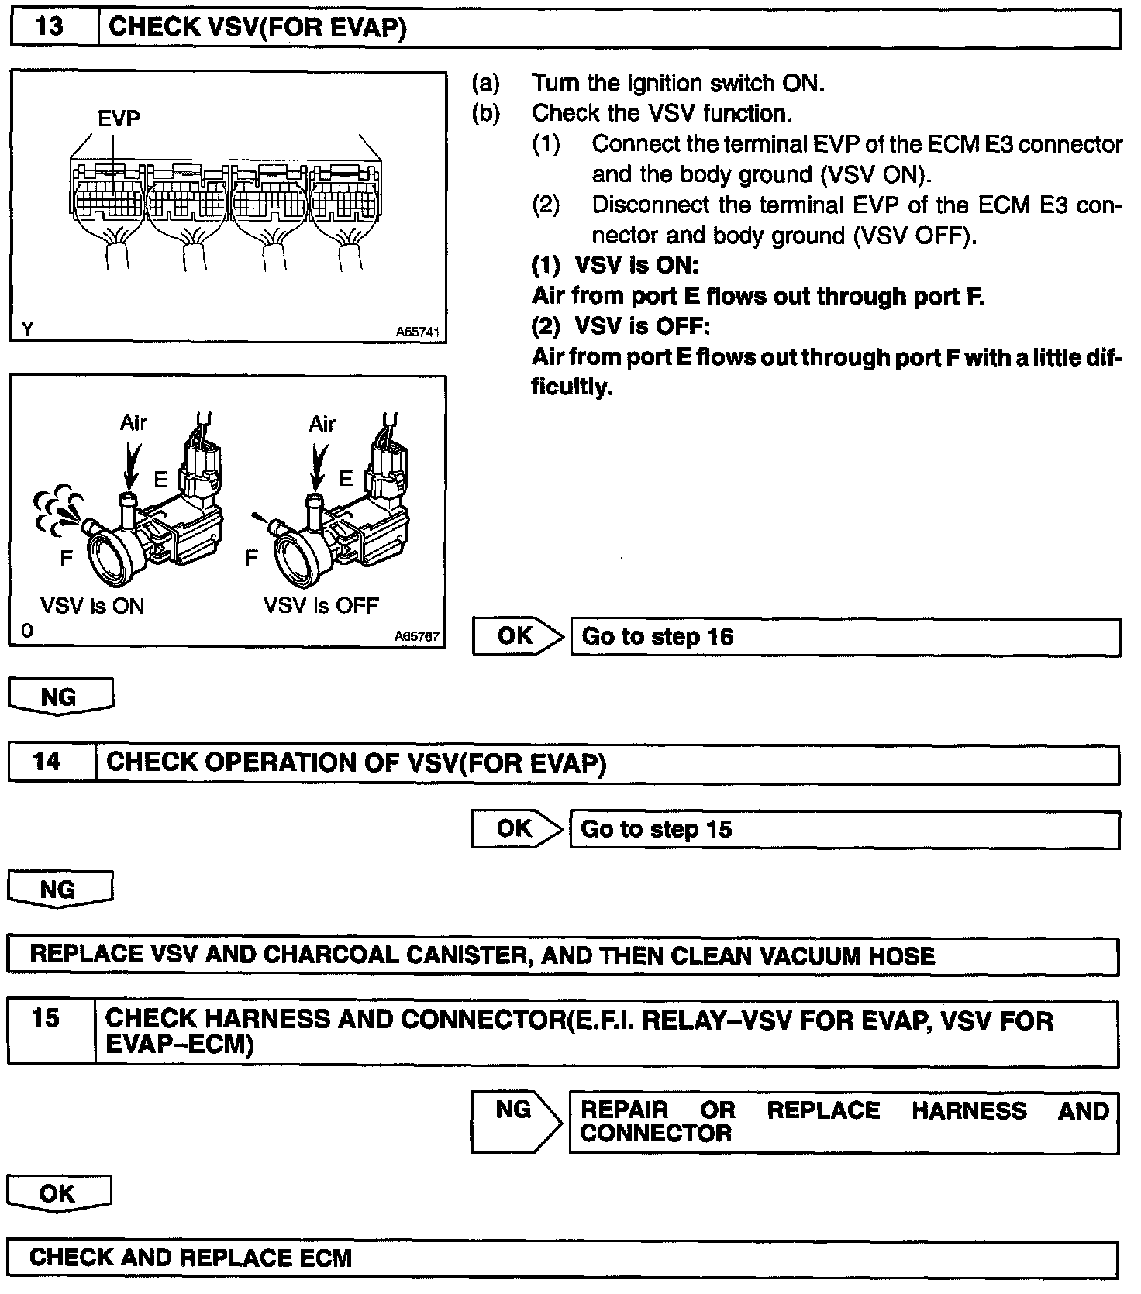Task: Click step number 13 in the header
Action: point(50,27)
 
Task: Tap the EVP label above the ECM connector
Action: point(119,119)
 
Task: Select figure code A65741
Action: point(417,332)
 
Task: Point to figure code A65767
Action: point(417,636)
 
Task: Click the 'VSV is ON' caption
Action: point(92,605)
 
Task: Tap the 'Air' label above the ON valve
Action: point(133,422)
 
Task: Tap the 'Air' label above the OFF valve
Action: point(322,423)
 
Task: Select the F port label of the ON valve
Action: point(66,558)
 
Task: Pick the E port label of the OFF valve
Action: point(346,478)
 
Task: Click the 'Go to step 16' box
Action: point(845,637)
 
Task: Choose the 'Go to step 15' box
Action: point(844,830)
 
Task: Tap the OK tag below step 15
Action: point(58,1193)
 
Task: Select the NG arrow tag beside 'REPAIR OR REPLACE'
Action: point(515,1120)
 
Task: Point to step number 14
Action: point(47,762)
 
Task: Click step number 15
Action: point(47,1018)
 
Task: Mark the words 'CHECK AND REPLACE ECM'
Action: point(191,1257)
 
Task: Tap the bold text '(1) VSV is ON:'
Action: point(615,266)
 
